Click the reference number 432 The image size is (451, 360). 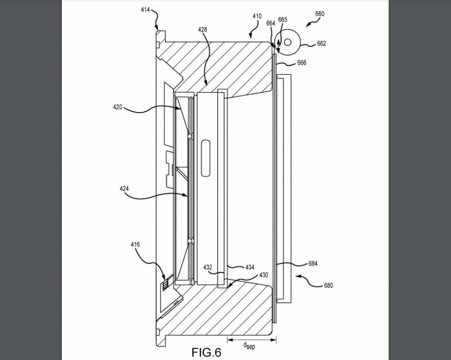pos(208,266)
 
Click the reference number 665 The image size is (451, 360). pos(283,20)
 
